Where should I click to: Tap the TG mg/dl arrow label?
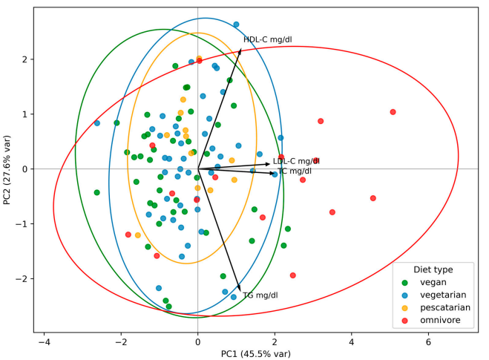tap(260, 295)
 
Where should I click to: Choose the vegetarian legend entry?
tap(442, 295)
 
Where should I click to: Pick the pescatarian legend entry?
tap(445, 307)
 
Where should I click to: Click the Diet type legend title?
tap(433, 269)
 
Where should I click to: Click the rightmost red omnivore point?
tap(393, 112)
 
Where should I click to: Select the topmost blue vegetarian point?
tap(236, 24)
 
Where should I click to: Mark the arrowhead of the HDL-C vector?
tap(241, 49)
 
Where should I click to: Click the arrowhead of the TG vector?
tap(240, 289)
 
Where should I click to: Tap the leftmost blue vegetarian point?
tap(97, 123)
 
